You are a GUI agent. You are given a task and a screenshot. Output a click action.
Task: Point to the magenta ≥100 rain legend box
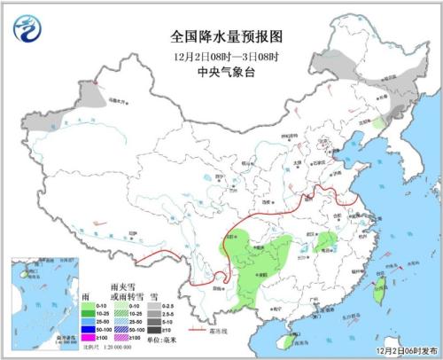[87, 337]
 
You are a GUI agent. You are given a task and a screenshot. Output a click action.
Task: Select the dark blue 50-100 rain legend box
[87, 328]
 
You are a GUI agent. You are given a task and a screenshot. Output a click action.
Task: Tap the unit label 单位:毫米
[161, 338]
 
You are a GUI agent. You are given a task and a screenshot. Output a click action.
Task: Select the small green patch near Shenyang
[379, 124]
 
